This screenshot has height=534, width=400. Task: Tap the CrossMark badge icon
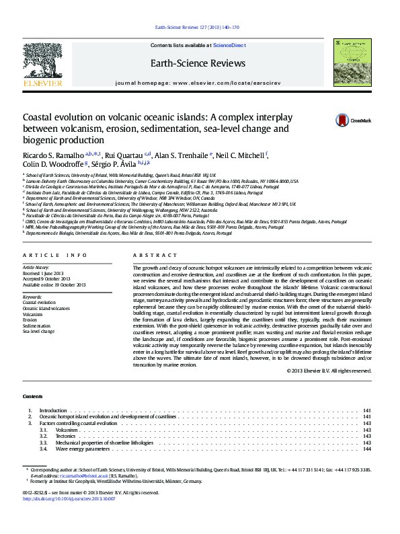tap(324, 121)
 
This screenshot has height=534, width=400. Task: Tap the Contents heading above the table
tap(32, 396)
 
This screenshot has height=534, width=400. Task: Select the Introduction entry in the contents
tap(53, 410)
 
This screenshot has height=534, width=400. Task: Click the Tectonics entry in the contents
tap(66, 436)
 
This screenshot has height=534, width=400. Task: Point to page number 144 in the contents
tap(367, 449)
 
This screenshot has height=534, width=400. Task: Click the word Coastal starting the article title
tap(40, 116)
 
